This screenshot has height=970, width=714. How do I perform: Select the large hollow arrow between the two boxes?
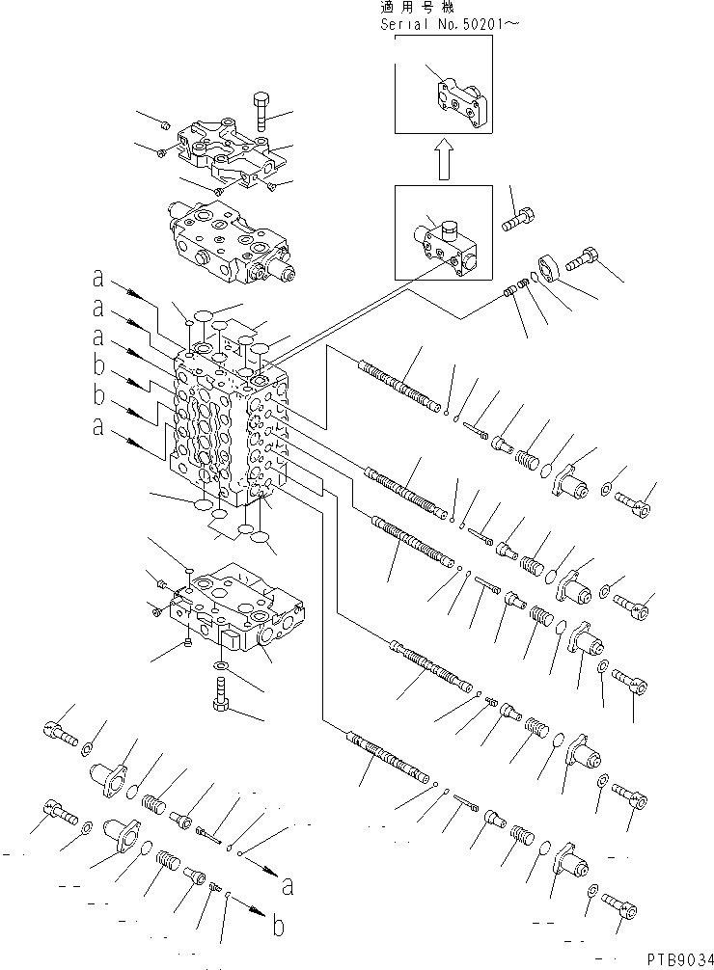pyautogui.click(x=441, y=160)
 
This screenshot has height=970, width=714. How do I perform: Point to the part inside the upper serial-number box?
pyautogui.click(x=460, y=99)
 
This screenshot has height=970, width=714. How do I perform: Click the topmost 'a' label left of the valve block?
pyautogui.click(x=97, y=280)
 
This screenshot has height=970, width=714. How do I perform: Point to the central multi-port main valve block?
pyautogui.click(x=230, y=424)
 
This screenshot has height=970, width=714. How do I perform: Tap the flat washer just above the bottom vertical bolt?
pyautogui.click(x=221, y=665)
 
